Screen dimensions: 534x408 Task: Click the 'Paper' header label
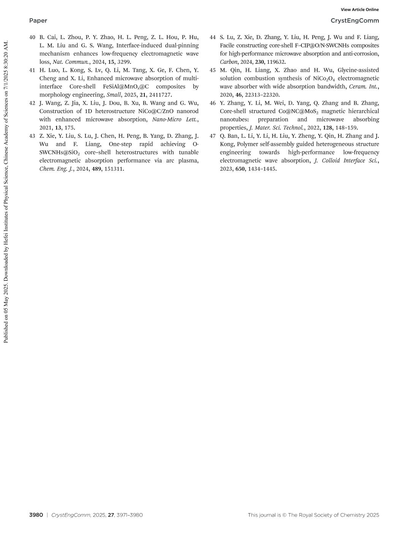tap(38, 20)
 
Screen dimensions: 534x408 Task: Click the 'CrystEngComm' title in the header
tap(354, 20)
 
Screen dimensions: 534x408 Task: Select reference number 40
tap(32, 37)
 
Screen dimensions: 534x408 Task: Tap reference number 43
tap(32, 136)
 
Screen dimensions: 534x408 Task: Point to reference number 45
tap(213, 70)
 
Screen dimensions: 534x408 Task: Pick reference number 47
tap(213, 136)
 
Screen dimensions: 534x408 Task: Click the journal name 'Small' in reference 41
tap(114, 95)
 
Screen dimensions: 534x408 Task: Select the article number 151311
tap(114, 169)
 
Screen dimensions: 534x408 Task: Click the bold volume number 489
tap(96, 169)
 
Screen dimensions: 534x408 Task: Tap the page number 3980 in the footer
tap(36, 515)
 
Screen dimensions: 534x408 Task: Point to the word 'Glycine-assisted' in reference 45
tap(358, 70)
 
